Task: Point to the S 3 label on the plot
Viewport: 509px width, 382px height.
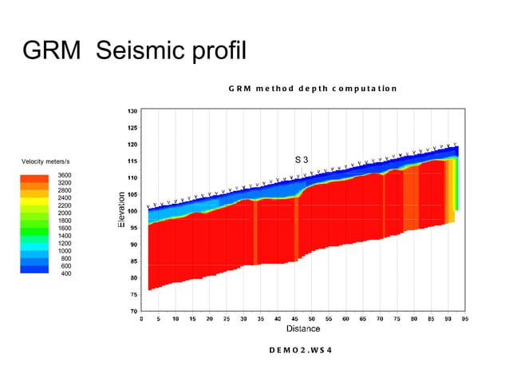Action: (302, 160)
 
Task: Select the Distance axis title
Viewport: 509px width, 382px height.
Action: (303, 328)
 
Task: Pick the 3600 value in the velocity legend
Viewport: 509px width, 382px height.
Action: (65, 175)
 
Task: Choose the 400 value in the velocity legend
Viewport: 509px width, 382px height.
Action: (66, 273)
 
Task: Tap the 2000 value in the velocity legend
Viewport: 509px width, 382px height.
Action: (65, 213)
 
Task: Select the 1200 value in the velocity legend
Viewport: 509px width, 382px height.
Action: (65, 244)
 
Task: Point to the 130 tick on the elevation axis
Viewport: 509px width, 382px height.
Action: (132, 111)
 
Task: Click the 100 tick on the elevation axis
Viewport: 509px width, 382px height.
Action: (132, 211)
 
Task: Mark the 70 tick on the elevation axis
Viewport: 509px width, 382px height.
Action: (133, 310)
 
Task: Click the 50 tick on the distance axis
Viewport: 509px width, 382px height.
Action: (311, 318)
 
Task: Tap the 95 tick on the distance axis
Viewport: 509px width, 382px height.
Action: (464, 318)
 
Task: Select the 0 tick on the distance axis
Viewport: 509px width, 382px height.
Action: (141, 318)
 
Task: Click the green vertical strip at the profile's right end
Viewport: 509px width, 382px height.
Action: (456, 184)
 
